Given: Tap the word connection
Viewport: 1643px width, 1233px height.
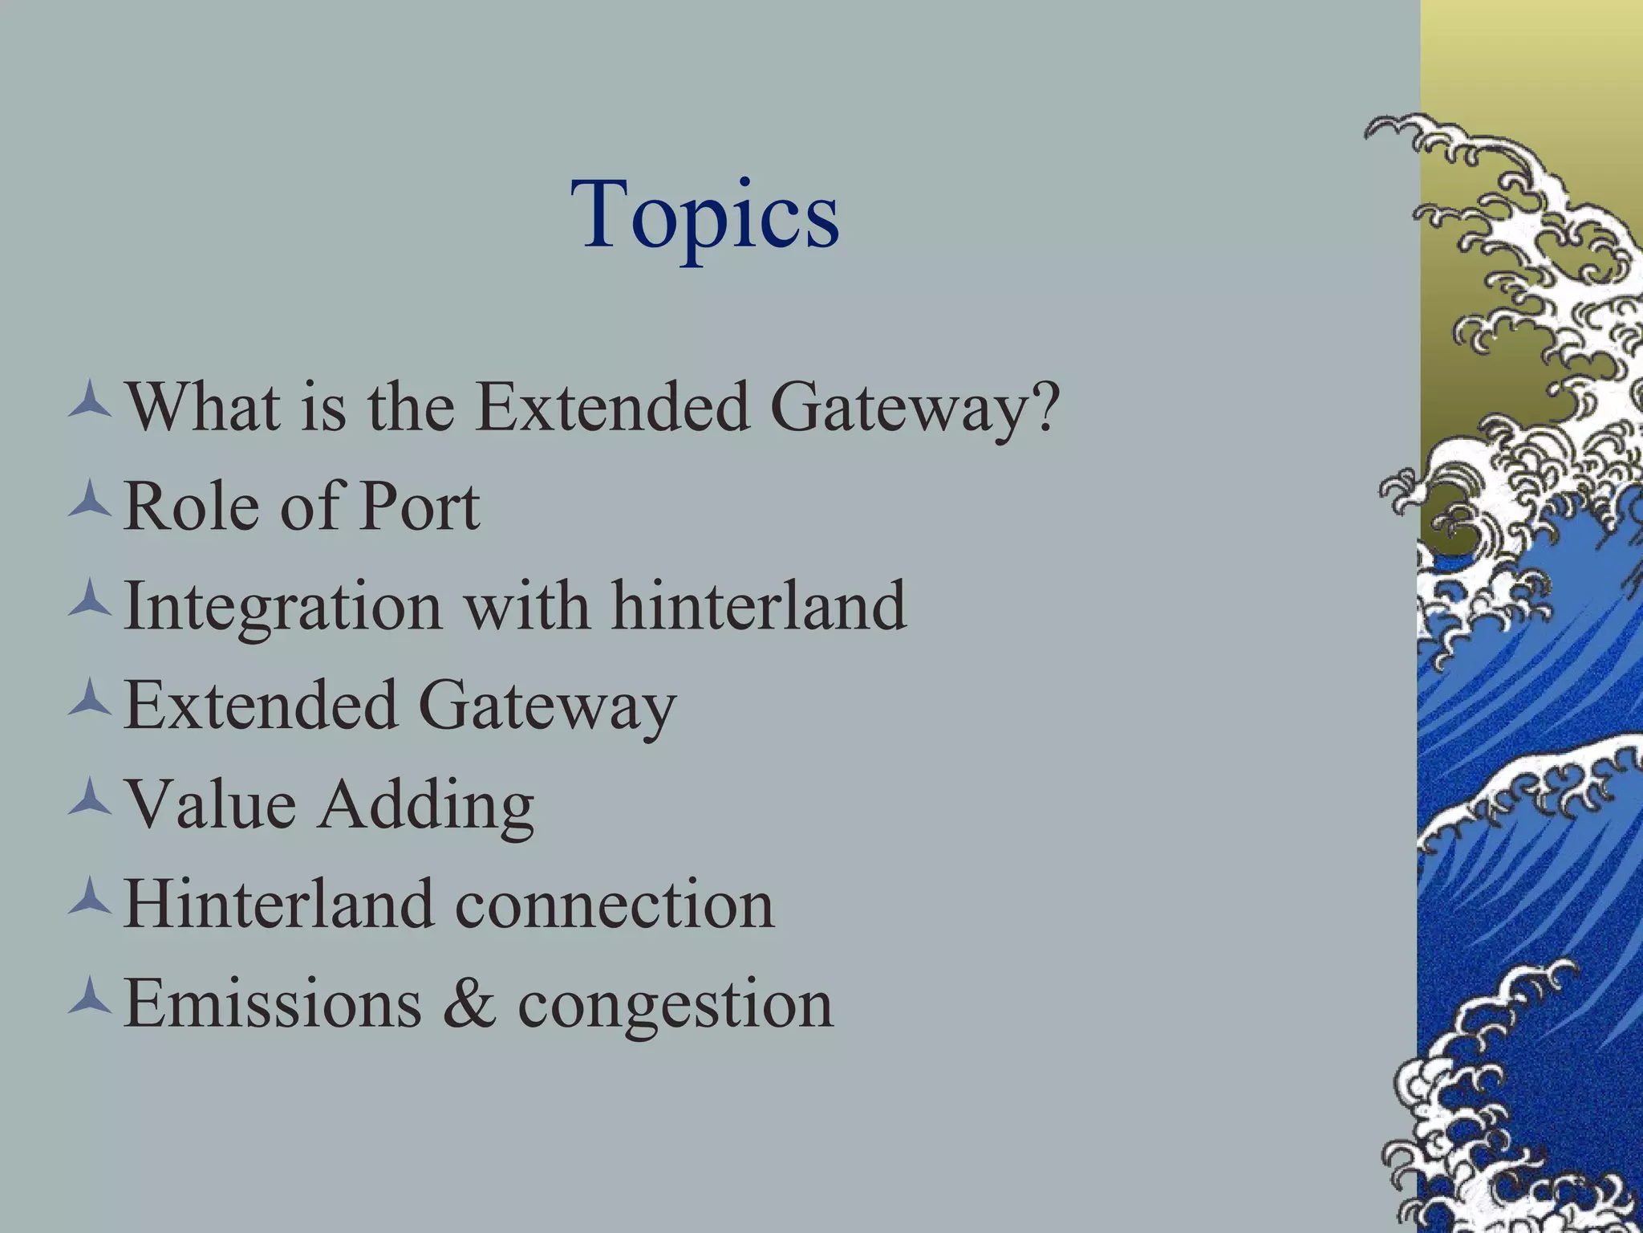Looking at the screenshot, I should click(615, 905).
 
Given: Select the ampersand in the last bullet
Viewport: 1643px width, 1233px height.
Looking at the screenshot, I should click(469, 1003).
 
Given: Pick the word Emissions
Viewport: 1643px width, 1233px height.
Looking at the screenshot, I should click(273, 1003).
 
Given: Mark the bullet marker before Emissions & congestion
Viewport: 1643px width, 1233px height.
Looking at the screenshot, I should click(89, 995).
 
